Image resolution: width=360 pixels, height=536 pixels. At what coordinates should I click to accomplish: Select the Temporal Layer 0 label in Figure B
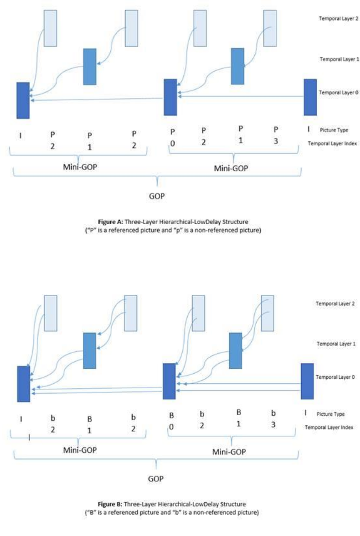click(x=331, y=377)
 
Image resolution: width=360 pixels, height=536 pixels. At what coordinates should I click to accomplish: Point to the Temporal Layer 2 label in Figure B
click(x=331, y=303)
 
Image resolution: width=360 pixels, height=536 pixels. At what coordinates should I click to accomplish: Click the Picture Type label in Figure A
click(x=334, y=130)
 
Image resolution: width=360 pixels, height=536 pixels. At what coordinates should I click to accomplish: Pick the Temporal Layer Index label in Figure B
click(x=329, y=427)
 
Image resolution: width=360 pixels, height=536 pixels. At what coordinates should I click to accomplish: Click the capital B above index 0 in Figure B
click(x=172, y=416)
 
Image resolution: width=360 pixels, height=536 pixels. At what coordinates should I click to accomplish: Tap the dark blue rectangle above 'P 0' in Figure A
click(x=170, y=97)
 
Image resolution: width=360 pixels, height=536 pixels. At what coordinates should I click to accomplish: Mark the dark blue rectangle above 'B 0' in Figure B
click(x=169, y=381)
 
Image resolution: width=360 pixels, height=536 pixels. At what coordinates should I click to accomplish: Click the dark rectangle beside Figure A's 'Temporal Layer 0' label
click(x=310, y=97)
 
